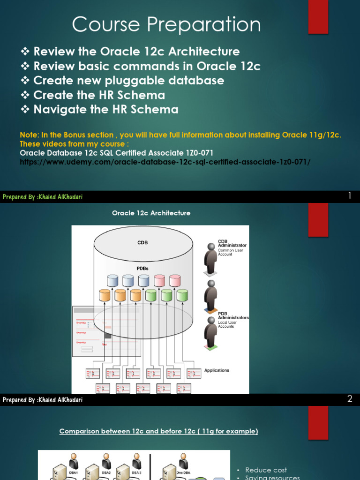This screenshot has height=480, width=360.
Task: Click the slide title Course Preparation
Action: [166, 25]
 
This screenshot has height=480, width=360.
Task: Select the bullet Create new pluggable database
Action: [128, 80]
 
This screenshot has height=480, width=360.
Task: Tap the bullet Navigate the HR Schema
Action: [105, 110]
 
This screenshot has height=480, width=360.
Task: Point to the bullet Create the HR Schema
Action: [99, 95]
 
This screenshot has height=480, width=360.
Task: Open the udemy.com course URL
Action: [165, 162]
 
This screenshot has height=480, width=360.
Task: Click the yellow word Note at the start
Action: [29, 135]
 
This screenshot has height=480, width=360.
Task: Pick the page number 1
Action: [349, 196]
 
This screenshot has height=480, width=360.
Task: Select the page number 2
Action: [349, 399]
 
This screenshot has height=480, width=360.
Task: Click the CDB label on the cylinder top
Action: [143, 243]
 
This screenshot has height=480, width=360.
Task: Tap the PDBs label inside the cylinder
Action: [143, 269]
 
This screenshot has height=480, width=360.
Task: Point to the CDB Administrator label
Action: [232, 243]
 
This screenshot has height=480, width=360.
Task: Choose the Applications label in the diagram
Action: [217, 370]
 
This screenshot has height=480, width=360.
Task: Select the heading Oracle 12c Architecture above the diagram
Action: [151, 213]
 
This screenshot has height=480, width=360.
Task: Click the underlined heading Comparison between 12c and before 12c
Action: [158, 431]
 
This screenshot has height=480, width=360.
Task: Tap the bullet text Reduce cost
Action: [266, 470]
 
